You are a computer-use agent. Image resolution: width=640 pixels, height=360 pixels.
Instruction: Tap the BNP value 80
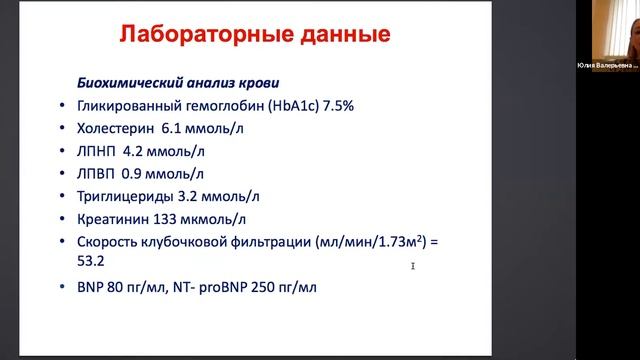pos(123,291)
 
